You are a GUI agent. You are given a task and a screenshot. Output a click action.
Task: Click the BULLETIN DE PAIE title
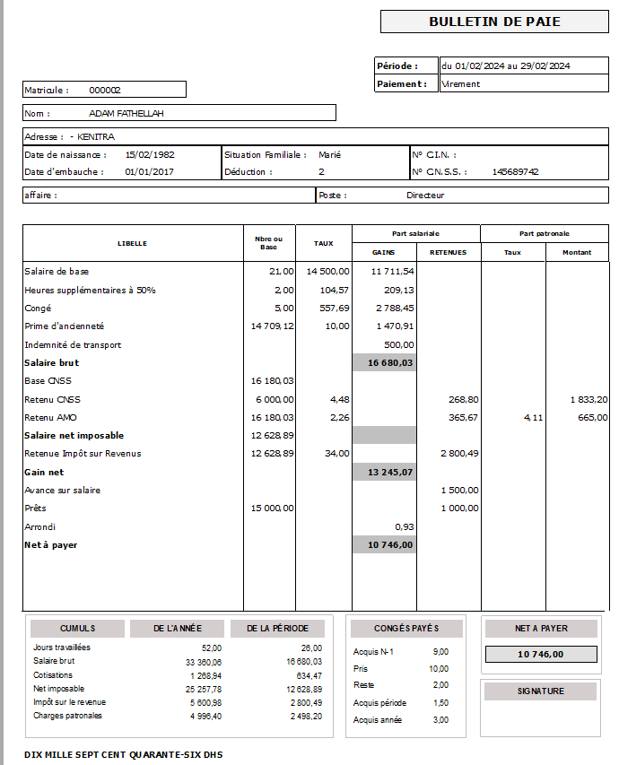pos(494,22)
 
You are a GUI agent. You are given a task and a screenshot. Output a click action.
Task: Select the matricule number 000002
pos(105,90)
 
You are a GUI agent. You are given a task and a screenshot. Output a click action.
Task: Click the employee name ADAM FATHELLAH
pos(126,114)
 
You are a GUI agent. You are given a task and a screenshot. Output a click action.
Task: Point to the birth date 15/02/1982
pos(150,154)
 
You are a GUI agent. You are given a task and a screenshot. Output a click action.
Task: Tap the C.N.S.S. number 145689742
pos(515,171)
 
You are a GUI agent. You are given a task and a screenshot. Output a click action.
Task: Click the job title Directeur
pos(425,195)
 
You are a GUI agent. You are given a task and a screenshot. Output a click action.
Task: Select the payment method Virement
pos(461,83)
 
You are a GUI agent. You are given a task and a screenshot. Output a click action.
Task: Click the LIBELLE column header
pos(132,243)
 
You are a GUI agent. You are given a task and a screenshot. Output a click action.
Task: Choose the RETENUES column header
pos(448,253)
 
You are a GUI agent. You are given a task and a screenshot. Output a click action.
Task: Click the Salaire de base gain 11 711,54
pos(392,271)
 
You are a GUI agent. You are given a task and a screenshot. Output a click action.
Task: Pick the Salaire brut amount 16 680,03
pos(390,362)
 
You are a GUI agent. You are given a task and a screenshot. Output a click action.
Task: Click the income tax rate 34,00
pos(336,454)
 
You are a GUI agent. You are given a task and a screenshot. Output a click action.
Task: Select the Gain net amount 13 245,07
pos(390,472)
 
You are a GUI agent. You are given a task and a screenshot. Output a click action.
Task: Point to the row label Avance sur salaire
pos(63,491)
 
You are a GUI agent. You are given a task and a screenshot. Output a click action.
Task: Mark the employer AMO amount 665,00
pos(592,417)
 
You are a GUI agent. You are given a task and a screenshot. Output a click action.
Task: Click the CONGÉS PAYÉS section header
pos(406,629)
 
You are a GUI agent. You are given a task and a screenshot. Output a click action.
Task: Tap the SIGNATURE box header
pos(540,691)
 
